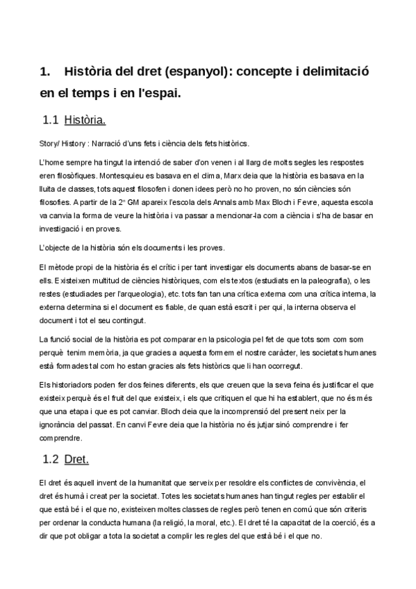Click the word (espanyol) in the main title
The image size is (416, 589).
tap(194, 72)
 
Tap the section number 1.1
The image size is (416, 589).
tap(50, 121)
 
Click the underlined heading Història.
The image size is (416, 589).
tap(85, 121)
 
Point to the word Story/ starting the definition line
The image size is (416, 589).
tap(51, 143)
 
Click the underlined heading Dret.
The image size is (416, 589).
tap(76, 459)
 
